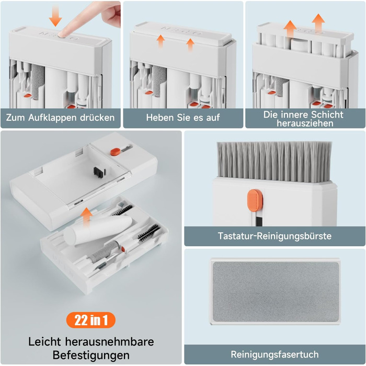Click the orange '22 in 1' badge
tap(91, 320)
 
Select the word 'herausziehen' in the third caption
tap(305, 123)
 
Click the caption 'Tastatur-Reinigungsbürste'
tap(274, 236)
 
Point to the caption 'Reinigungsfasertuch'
tap(274, 354)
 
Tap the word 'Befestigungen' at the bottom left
tap(91, 355)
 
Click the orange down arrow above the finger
tap(55, 16)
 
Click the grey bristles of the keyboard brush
tap(274, 162)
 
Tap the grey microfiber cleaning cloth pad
tap(276, 291)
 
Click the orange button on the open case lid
tap(115, 152)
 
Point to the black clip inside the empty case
tap(99, 171)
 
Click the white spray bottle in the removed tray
tap(98, 231)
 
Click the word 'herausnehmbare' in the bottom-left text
tap(109, 342)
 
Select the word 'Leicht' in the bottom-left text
tap(45, 342)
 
